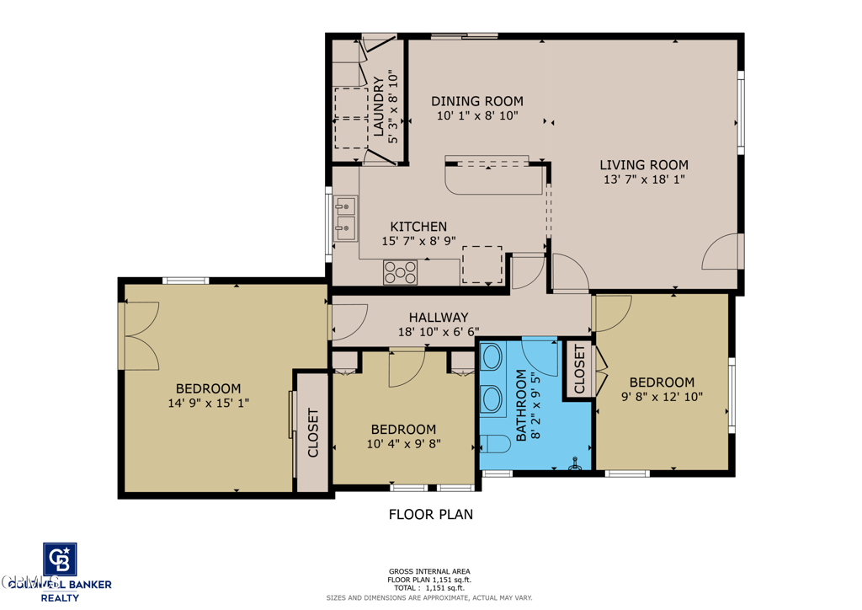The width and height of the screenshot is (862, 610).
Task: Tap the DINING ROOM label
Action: point(477,100)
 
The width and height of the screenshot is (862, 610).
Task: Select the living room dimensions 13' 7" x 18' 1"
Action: point(645,179)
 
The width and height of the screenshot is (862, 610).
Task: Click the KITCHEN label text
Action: point(418,227)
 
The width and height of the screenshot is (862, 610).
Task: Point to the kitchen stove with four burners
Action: point(401,272)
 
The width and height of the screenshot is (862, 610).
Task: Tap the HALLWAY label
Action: point(438,317)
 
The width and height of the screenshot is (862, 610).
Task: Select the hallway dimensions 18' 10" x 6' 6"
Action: point(438,332)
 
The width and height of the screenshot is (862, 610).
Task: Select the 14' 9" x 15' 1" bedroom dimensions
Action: point(208,404)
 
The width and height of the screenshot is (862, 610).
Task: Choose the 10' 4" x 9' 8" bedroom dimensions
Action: point(403,444)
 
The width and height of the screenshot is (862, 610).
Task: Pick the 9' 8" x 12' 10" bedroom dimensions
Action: point(662,396)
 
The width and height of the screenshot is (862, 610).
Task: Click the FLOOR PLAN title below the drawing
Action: point(430,514)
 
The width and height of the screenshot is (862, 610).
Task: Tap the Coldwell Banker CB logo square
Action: point(60,560)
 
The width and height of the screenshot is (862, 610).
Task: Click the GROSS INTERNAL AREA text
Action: point(429,571)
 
